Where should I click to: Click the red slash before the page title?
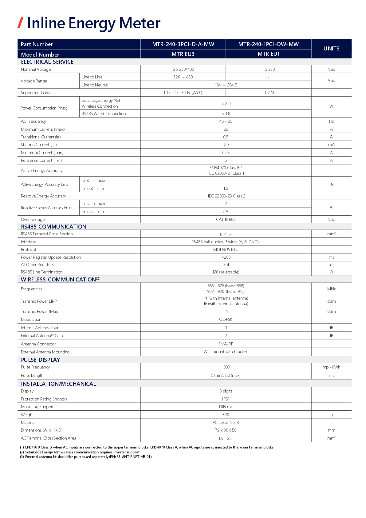pyautogui.click(x=21, y=23)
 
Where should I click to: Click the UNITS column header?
pyautogui.click(x=331, y=49)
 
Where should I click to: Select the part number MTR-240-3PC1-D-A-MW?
pyautogui.click(x=183, y=44)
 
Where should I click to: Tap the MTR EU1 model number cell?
pyautogui.click(x=269, y=54)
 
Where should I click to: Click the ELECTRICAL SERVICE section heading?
pyautogui.click(x=47, y=62)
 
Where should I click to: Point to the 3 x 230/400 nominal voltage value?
pyautogui.click(x=183, y=69)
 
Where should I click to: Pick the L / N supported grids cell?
pyautogui.click(x=269, y=93)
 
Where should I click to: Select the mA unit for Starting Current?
pyautogui.click(x=331, y=145)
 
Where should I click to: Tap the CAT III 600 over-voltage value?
pyautogui.click(x=226, y=219)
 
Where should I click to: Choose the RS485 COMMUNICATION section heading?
pyautogui.click(x=53, y=227)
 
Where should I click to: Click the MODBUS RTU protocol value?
pyautogui.click(x=226, y=249)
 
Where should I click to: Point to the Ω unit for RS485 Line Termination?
pyautogui.click(x=331, y=272)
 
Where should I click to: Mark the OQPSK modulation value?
pyautogui.click(x=226, y=319)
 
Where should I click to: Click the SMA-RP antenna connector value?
pyautogui.click(x=226, y=344)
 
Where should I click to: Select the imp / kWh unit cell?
pyautogui.click(x=331, y=367)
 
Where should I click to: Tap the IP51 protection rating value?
pyautogui.click(x=226, y=399)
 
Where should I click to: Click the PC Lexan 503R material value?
pyautogui.click(x=226, y=422)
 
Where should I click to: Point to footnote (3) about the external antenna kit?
pyautogui.click(x=86, y=457)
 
